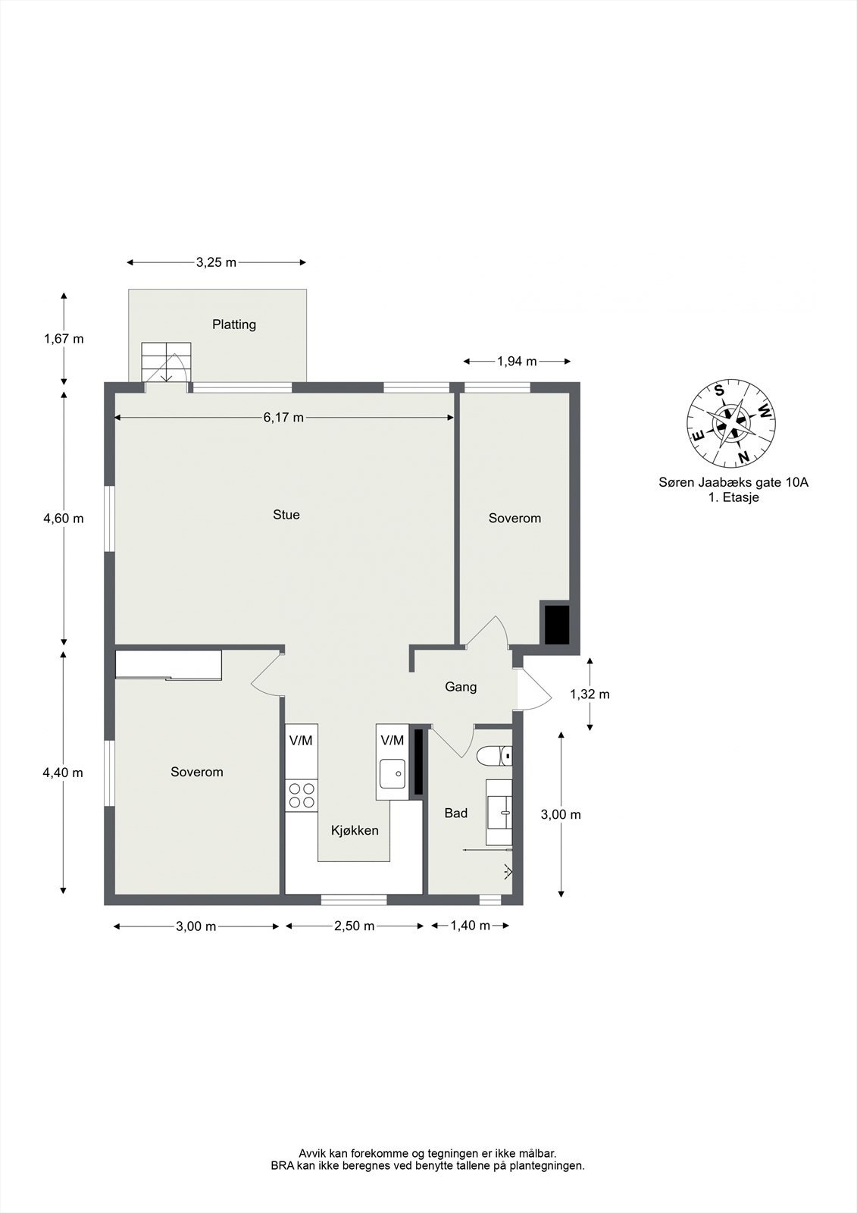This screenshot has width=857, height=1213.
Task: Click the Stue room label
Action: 286,515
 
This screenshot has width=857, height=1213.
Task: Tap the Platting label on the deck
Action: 234,324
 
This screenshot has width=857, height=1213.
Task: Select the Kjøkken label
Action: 355,830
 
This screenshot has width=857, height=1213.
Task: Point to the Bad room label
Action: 456,812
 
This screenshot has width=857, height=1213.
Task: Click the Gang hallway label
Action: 461,687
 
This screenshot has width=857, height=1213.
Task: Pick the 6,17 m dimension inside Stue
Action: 283,417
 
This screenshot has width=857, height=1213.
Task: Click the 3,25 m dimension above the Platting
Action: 217,262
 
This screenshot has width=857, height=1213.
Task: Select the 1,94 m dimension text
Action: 517,361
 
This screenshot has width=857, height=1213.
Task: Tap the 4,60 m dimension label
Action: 64,519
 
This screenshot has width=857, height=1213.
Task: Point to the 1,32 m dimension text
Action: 590,694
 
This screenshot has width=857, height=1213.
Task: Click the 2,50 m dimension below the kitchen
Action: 354,926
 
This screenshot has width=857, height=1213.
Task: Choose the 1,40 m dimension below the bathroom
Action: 470,925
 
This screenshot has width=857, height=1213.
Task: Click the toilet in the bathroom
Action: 495,755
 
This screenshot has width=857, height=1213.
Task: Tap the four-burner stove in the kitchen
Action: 302,795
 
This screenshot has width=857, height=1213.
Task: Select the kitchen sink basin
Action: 392,774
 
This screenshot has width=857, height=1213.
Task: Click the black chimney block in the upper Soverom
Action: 556,625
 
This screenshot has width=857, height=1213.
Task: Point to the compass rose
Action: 731,423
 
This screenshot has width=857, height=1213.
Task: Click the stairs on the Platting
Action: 167,362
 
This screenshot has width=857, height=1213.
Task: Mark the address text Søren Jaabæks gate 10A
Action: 733,482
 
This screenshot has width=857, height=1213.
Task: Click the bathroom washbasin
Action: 499,812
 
